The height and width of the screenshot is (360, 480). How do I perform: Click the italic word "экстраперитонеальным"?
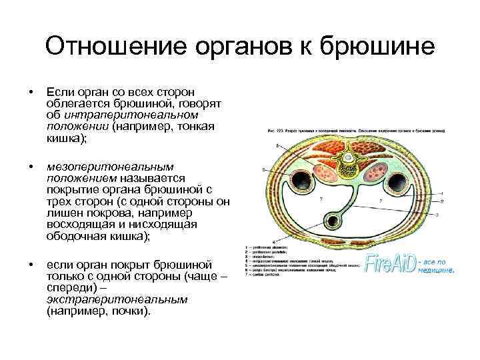point(117,299)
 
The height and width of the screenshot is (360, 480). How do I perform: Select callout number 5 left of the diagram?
point(264,171)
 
